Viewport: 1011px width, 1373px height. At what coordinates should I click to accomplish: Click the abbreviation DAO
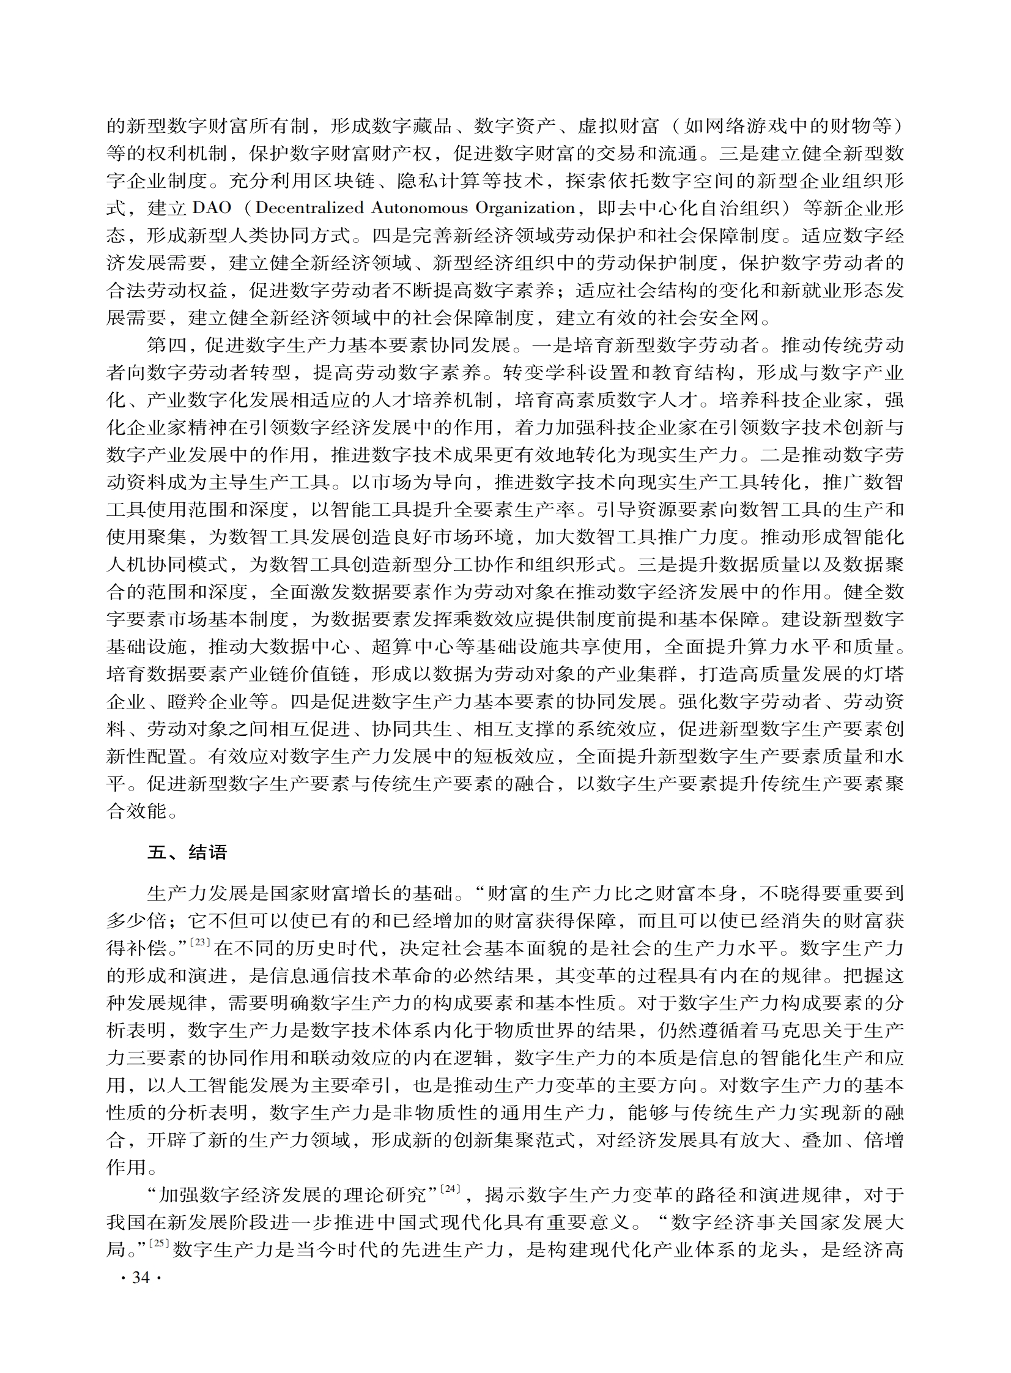tap(212, 208)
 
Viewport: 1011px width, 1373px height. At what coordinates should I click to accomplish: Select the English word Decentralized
tap(309, 208)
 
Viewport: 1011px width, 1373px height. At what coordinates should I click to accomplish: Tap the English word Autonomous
tap(418, 208)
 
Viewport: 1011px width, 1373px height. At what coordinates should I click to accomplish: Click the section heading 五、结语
tap(187, 852)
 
